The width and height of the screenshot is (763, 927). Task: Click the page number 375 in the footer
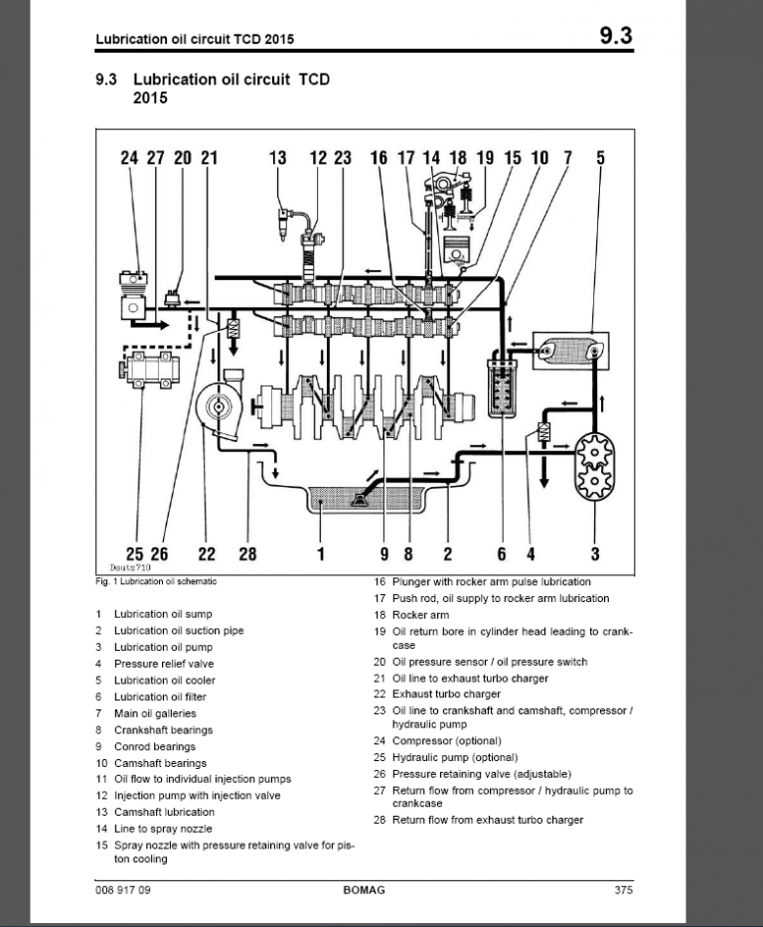[623, 890]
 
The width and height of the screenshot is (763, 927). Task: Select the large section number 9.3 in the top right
[616, 38]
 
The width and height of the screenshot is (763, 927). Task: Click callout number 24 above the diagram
[130, 157]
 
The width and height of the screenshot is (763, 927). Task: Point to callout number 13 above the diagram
[277, 157]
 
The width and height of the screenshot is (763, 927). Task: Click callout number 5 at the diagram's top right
[600, 157]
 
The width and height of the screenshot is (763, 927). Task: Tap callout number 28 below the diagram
[247, 554]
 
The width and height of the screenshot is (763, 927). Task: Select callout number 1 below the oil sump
[321, 554]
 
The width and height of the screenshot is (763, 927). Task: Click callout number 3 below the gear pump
[595, 554]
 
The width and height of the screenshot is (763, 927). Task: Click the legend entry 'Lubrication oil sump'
[162, 614]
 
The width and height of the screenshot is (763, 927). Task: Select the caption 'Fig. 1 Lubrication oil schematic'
[156, 581]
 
